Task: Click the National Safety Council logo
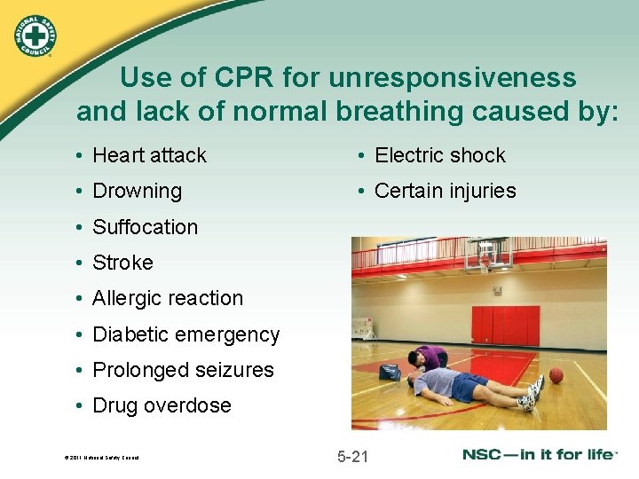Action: coord(34,35)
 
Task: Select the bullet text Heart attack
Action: coord(149,155)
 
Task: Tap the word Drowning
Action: coord(137,191)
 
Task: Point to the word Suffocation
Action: coord(145,227)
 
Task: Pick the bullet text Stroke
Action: coord(122,263)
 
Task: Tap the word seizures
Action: coord(235,370)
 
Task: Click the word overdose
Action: coord(191,405)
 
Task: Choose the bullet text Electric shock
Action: coord(439,155)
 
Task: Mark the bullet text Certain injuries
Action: coord(445,191)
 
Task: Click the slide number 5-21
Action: coord(352,457)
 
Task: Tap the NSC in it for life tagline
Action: coord(540,455)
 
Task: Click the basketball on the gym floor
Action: coord(556,375)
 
